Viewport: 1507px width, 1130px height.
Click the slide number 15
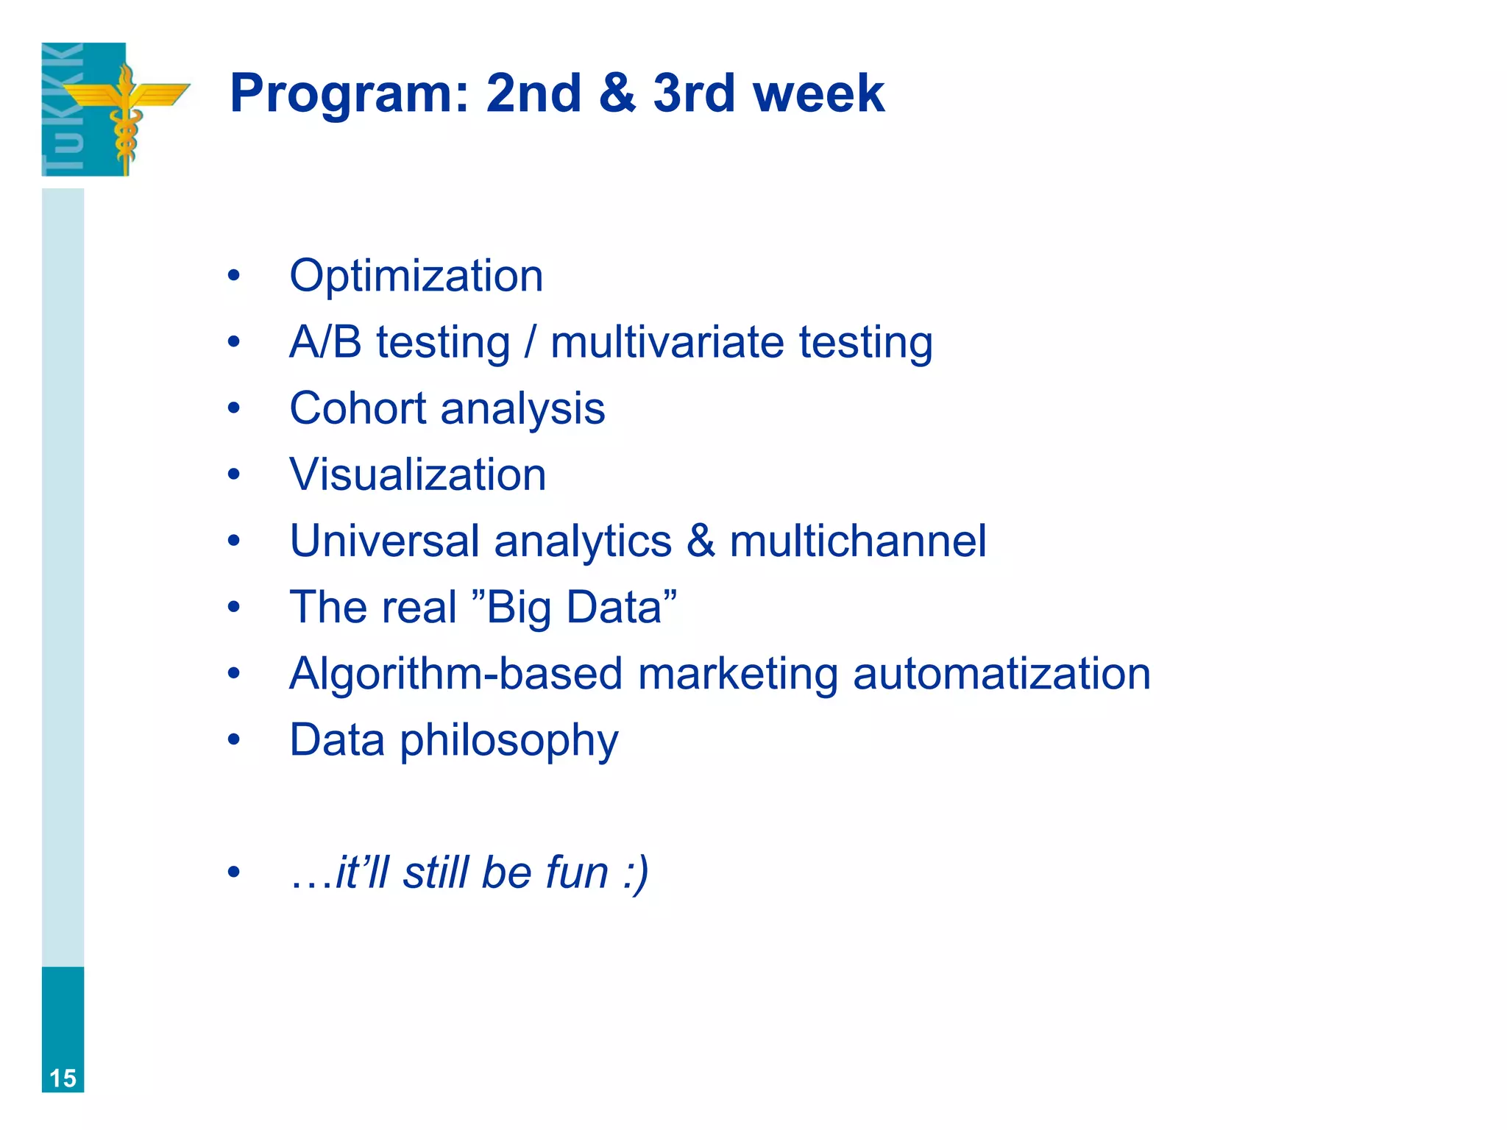(63, 1078)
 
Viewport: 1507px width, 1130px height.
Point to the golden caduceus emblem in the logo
(126, 110)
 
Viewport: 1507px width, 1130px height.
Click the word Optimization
(416, 276)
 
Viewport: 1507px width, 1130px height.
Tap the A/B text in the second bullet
(325, 342)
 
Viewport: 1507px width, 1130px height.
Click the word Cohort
(358, 408)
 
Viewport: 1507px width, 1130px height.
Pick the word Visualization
(417, 475)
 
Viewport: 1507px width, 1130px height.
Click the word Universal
(384, 541)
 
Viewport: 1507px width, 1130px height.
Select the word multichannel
(857, 541)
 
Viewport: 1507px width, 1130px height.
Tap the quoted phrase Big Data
(573, 607)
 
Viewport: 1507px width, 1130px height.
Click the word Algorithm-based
(455, 673)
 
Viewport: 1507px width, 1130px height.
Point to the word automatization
(1001, 673)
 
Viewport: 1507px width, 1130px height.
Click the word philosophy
(508, 741)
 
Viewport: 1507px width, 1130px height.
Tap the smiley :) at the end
(635, 873)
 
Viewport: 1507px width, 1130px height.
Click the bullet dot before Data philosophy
(234, 739)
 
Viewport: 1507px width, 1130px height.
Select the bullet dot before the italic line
(234, 873)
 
